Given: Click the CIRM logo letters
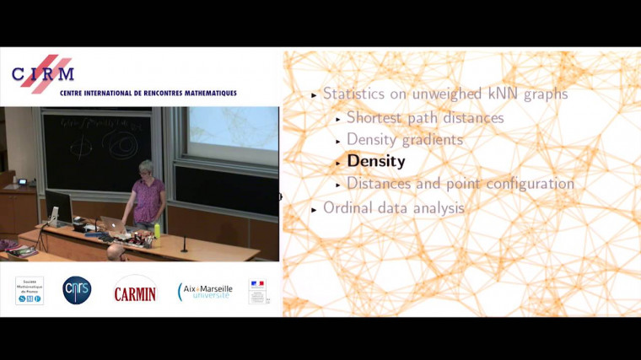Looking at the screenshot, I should pyautogui.click(x=42, y=74).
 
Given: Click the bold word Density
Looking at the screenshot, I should pyautogui.click(x=376, y=161).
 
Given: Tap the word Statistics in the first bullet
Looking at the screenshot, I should pyautogui.click(x=356, y=94).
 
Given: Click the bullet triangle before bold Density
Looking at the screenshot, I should pyautogui.click(x=338, y=162).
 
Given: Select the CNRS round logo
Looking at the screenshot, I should pyautogui.click(x=77, y=290).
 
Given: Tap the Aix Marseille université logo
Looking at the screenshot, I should pyautogui.click(x=204, y=291).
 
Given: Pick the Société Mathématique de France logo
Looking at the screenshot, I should pyautogui.click(x=30, y=290).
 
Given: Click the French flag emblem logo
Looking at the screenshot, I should pyautogui.click(x=257, y=291).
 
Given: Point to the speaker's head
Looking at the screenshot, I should pyautogui.click(x=145, y=169).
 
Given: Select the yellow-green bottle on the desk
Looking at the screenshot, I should pyautogui.click(x=157, y=231).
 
